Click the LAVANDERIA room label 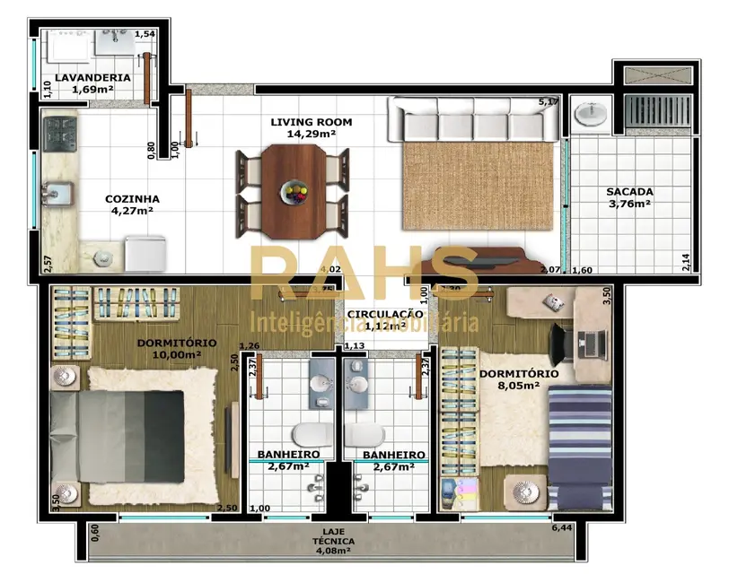coord(92,77)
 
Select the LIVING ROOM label coord(311,122)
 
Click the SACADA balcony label coord(628,191)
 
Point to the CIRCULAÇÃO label coord(384,314)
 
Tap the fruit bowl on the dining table coord(293,191)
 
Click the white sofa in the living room coord(472,120)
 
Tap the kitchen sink coord(57,191)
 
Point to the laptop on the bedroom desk coord(592,342)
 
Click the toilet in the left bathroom coord(307,435)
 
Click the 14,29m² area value coord(311,135)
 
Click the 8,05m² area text coord(518,387)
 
